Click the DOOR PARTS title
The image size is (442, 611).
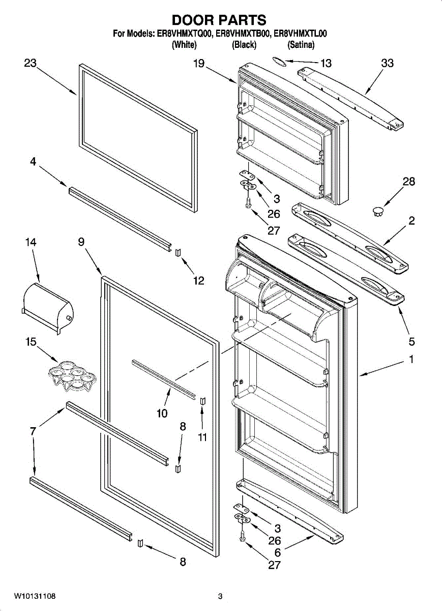click(x=219, y=20)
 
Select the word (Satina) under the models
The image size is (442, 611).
click(x=301, y=45)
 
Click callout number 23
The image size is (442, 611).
click(x=31, y=63)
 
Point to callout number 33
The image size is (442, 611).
click(x=387, y=63)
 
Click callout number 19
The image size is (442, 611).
click(x=198, y=63)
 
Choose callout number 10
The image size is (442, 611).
click(x=162, y=413)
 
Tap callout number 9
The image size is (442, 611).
click(x=81, y=242)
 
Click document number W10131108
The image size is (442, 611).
click(x=35, y=596)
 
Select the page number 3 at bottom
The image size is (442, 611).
click(x=220, y=596)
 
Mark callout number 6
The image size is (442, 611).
click(x=277, y=552)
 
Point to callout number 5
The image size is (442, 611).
click(x=411, y=341)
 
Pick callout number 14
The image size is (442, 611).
click(x=31, y=242)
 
